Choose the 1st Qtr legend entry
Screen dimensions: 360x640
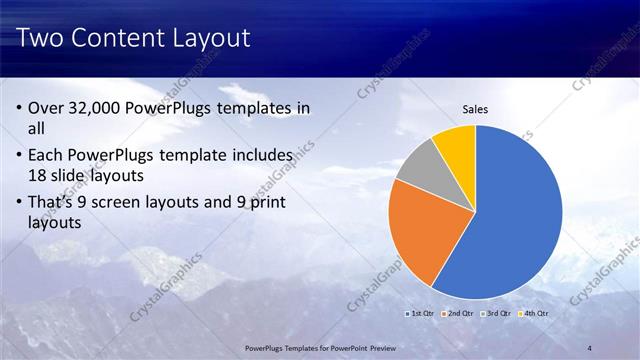point(421,313)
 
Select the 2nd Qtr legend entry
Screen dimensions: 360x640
point(458,313)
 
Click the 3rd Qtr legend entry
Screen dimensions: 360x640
point(496,313)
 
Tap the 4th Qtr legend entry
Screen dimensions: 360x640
point(533,313)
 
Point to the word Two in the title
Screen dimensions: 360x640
point(41,39)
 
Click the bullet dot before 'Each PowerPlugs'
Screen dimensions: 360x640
point(21,157)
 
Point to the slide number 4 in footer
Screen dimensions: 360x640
point(590,347)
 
